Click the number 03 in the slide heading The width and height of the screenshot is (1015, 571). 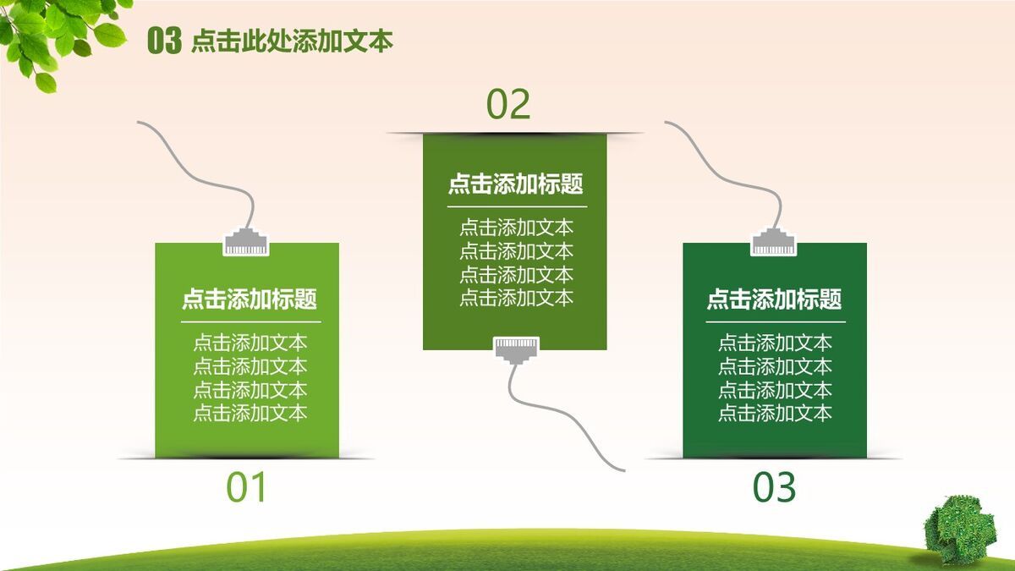point(164,41)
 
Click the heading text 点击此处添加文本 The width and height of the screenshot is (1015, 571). point(292,41)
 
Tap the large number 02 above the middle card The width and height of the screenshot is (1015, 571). point(508,104)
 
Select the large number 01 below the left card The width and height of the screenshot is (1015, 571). point(247,488)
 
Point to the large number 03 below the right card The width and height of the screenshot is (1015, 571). point(775,488)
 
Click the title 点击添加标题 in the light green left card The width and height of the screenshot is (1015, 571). point(250,299)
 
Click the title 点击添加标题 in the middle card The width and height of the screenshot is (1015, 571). point(515,184)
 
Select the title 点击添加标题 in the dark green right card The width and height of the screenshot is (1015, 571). point(774,299)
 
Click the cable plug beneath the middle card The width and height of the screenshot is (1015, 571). point(516,348)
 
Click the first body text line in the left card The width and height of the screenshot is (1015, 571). point(250,343)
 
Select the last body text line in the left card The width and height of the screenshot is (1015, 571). point(250,413)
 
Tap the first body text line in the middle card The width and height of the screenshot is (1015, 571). point(516,228)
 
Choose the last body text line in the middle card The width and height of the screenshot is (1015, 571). point(516,298)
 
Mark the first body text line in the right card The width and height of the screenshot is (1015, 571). point(775,343)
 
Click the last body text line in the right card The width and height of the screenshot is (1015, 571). point(775,413)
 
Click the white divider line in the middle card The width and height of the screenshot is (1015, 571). point(516,206)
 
